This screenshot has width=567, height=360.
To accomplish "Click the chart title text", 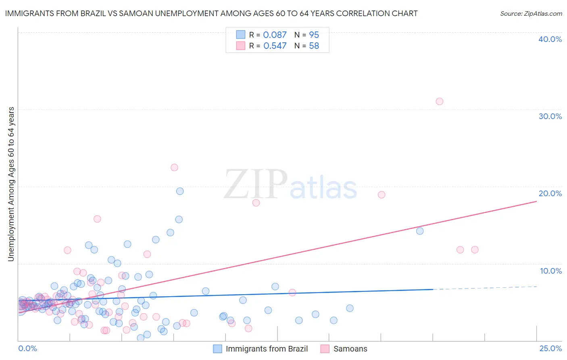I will [211, 13].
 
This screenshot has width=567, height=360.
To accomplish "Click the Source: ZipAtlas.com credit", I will [531, 13].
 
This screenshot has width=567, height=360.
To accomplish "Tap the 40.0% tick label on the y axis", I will [550, 39].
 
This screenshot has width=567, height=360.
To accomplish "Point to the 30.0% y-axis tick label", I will [550, 116].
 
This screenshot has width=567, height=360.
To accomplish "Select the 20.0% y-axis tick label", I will [550, 193].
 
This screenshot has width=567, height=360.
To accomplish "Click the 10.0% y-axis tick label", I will [551, 271].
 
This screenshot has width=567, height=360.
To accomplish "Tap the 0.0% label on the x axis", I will [27, 348].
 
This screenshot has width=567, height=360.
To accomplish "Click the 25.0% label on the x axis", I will [550, 348].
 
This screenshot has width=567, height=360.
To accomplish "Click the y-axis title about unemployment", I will [11, 184].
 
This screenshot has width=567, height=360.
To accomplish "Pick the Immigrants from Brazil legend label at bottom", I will [267, 349].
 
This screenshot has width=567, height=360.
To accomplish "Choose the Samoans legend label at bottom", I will [350, 349].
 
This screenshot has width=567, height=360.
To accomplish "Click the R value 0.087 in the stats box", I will [275, 35].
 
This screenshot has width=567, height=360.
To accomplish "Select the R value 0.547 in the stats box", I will [275, 46].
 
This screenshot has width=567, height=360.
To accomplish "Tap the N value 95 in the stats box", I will [314, 35].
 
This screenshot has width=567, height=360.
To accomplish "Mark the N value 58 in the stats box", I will [314, 46].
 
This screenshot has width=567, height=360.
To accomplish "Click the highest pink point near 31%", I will [440, 101].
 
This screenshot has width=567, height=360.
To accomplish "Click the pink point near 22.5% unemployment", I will [174, 167].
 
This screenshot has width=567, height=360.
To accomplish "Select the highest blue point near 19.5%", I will [180, 191].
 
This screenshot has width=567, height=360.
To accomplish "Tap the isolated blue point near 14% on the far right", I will [420, 231].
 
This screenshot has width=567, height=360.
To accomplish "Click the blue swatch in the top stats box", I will [241, 35].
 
